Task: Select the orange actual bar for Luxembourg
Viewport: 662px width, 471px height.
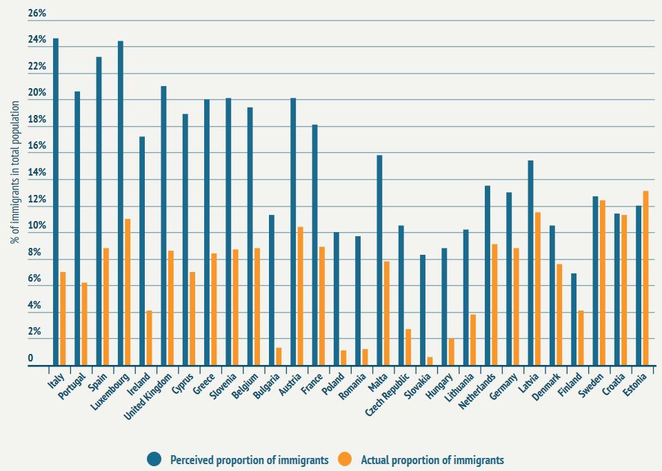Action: coord(128,292)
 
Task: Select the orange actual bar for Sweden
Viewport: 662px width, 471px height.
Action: coord(603,283)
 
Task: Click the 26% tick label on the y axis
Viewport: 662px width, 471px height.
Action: coord(37,14)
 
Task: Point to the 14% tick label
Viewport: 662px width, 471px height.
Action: coord(37,174)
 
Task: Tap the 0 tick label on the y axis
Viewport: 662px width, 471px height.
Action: coord(30,359)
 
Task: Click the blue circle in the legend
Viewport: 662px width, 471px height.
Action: coord(154,459)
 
